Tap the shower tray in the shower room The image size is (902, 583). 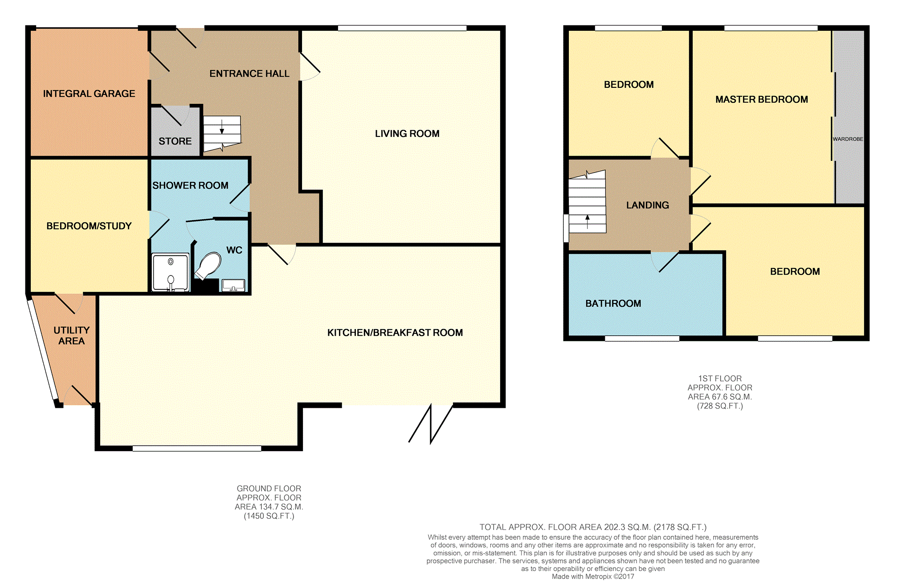(171, 272)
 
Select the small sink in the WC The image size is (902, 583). (233, 285)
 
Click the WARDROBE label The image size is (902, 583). (848, 139)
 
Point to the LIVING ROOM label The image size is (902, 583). (407, 134)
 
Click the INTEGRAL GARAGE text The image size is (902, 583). (89, 94)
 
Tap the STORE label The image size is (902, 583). (175, 141)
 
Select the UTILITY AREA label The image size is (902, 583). (71, 336)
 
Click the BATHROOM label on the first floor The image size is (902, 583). (613, 304)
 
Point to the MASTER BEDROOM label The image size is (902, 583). (762, 99)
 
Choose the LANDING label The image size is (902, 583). (648, 205)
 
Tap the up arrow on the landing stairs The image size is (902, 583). (588, 222)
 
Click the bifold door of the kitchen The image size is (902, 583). (431, 424)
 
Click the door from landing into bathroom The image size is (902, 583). (665, 262)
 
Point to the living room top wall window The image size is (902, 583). (402, 28)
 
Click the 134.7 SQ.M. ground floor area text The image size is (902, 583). (269, 507)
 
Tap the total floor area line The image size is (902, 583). (593, 527)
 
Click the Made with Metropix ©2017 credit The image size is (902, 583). (593, 577)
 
